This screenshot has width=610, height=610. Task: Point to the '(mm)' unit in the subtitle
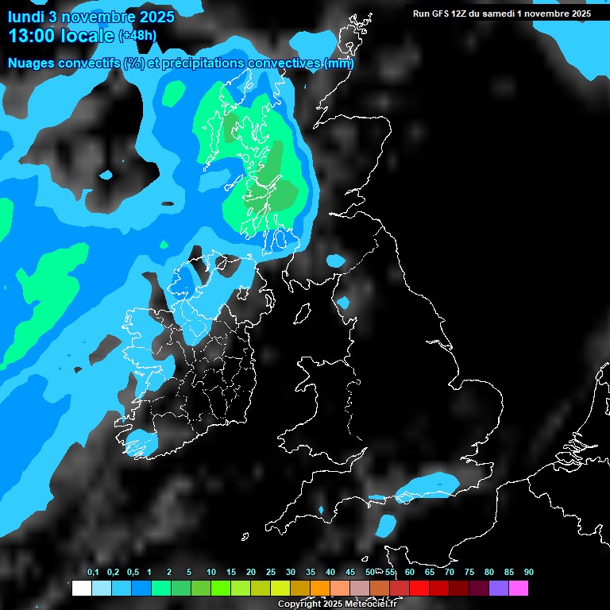pyautogui.click(x=340, y=64)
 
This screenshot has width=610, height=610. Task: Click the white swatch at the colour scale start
pyautogui.click(x=81, y=589)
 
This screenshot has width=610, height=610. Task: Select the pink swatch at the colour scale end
pyautogui.click(x=518, y=589)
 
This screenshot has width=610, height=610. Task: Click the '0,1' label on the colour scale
pyautogui.click(x=93, y=573)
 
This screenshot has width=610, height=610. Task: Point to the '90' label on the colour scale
pyautogui.click(x=528, y=573)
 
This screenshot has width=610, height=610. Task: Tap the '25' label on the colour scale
pyautogui.click(x=270, y=573)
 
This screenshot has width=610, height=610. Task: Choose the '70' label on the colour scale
pyautogui.click(x=449, y=573)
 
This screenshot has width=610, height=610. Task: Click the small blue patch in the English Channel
pyautogui.click(x=386, y=525)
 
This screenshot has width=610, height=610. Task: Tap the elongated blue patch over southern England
pyautogui.click(x=429, y=485)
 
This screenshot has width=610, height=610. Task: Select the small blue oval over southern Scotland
pyautogui.click(x=336, y=261)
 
